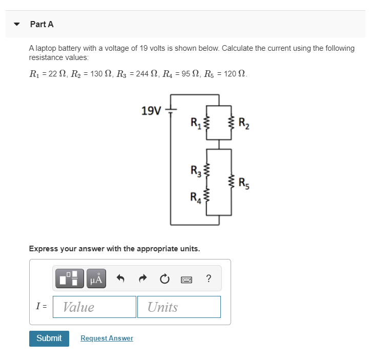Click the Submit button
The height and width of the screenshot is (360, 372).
pos(49,338)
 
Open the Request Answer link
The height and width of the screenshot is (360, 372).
pos(107,338)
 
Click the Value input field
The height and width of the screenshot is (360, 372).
pos(94,307)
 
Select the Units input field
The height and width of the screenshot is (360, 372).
pos(179,307)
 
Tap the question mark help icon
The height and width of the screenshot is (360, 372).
pos(208,279)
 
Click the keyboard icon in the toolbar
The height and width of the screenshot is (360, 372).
pos(187,279)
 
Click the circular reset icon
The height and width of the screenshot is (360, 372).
pos(164,279)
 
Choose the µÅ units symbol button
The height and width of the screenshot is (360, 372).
pos(96,278)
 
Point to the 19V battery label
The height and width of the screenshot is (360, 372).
pos(151,110)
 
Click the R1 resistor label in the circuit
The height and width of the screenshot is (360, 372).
pos(196,123)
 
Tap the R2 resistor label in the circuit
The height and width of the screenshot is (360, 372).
pos(243,123)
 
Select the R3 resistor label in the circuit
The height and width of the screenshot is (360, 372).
pos(196,170)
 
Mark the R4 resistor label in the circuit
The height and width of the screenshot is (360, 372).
pos(196,196)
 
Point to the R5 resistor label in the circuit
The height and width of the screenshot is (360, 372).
pos(244,180)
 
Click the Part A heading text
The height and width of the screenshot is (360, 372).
pos(42,24)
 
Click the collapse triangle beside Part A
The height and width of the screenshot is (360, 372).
pos(17,24)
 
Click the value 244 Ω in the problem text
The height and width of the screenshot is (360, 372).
pos(144,74)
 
